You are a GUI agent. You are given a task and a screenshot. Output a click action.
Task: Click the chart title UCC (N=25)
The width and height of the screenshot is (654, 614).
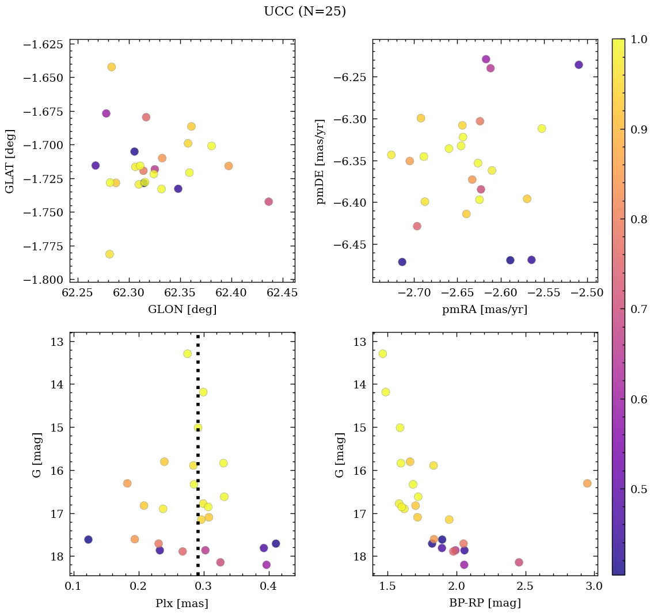point(305,12)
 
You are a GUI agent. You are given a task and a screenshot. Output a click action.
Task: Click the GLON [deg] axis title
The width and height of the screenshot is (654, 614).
point(182,310)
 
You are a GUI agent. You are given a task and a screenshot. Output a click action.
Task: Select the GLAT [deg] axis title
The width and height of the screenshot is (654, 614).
point(10,161)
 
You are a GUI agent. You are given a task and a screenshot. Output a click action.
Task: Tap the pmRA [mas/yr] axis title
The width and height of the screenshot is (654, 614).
point(484,310)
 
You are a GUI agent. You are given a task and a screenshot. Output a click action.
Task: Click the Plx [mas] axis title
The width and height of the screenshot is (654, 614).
point(182,603)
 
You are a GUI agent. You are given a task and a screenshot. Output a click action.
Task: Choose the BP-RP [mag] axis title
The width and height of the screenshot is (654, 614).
point(484,603)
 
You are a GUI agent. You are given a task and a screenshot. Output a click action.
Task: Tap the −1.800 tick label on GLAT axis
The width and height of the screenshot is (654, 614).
point(44,280)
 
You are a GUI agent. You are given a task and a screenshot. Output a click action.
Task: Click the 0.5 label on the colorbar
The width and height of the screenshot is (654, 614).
point(639,489)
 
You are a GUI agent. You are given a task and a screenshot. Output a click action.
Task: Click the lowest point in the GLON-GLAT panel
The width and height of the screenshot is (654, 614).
point(109,254)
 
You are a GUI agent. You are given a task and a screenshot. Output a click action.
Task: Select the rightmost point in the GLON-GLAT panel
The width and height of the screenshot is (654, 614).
point(268,201)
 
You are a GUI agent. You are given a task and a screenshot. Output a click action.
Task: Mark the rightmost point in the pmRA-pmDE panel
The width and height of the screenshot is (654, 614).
point(579,65)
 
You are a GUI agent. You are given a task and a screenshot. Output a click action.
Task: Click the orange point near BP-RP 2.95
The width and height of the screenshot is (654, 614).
point(587,483)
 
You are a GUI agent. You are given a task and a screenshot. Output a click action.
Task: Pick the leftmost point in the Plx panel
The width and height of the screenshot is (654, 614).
point(88,539)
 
